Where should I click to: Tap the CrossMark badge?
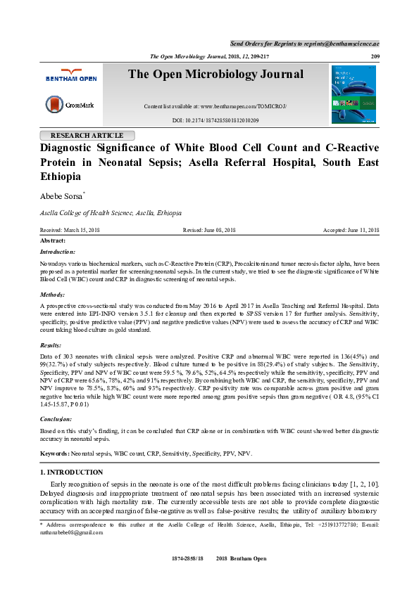(x=66, y=105)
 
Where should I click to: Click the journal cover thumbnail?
(x=354, y=94)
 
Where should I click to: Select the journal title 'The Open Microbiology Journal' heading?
(x=215, y=75)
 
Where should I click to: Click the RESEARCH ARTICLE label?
(x=92, y=135)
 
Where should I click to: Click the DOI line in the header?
(x=215, y=121)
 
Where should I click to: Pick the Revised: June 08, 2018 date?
(x=209, y=230)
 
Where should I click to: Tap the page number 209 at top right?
(x=375, y=56)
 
